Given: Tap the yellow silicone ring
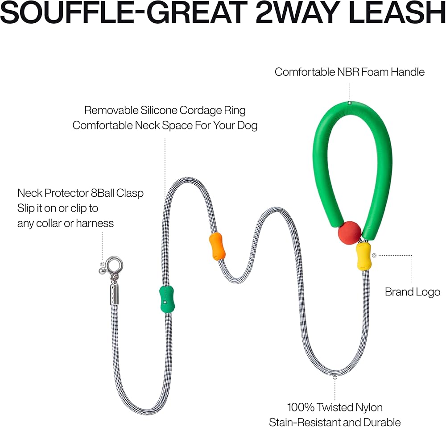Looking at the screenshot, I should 364,257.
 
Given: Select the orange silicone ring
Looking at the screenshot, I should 217,246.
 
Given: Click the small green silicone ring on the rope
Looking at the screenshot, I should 167,298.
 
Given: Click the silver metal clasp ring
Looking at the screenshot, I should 115,266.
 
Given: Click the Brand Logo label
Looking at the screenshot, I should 413,292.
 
